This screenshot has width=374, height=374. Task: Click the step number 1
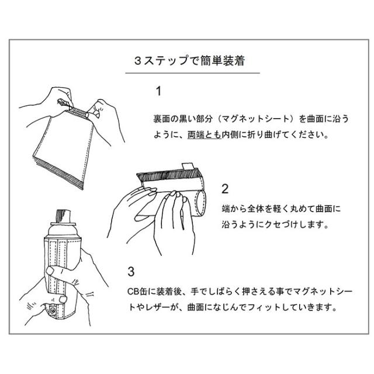tap(158, 91)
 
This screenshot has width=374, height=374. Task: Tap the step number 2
tap(225, 189)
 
